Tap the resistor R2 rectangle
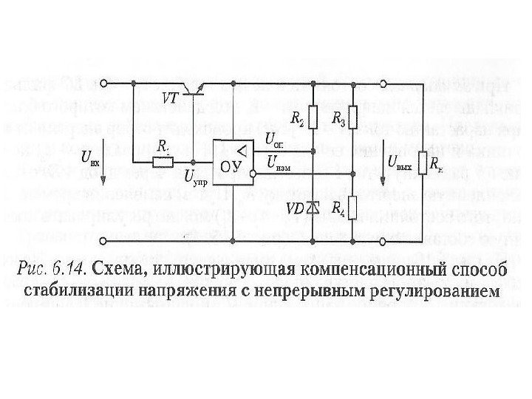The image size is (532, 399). [312, 117]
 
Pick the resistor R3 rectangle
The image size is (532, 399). [352, 117]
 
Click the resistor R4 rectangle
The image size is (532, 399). [352, 207]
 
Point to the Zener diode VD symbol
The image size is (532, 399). [312, 208]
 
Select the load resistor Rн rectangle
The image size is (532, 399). [422, 163]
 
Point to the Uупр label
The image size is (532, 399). [195, 180]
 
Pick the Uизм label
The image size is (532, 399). [278, 161]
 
